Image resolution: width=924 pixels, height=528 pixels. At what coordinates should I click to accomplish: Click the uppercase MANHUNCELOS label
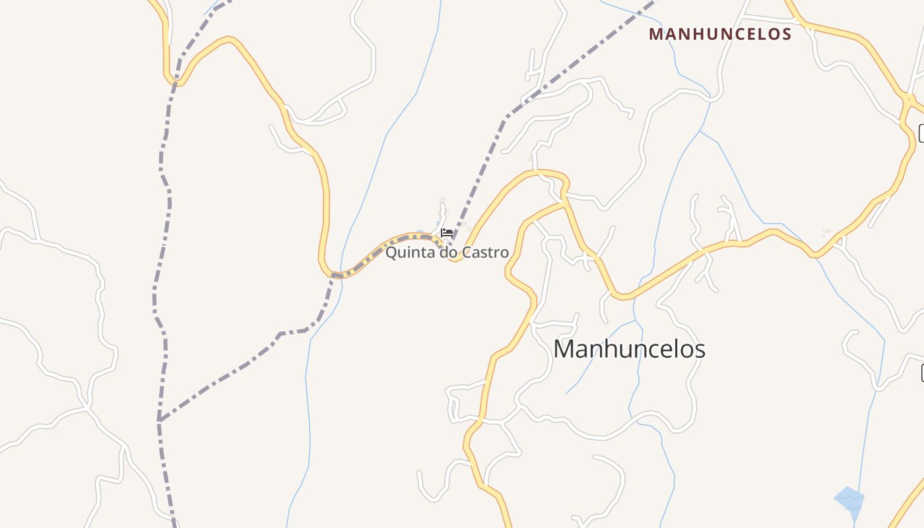point(720,34)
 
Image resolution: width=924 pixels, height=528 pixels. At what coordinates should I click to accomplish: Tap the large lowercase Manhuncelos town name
point(629,349)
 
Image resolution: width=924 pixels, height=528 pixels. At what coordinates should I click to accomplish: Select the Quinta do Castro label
point(447,252)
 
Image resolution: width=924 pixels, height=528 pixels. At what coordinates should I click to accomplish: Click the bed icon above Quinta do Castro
point(447,232)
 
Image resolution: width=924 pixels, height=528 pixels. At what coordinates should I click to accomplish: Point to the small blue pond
point(849,498)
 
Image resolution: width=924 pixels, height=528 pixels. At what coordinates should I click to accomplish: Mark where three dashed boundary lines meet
point(159,420)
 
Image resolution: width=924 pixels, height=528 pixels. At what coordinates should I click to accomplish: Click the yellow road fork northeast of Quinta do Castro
point(565,200)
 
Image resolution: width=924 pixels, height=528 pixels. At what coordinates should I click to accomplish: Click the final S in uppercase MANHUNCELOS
point(786,34)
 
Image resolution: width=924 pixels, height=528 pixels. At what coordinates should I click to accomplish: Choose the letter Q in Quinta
point(391,252)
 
